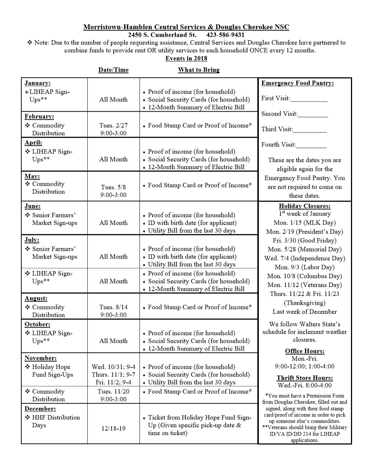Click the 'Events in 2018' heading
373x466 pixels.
pyautogui.click(x=186, y=58)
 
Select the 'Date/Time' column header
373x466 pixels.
pyautogui.click(x=113, y=70)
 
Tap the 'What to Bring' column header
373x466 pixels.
pyautogui.click(x=199, y=70)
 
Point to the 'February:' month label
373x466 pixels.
pyautogui.click(x=39, y=117)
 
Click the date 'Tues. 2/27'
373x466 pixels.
pyautogui.click(x=113, y=126)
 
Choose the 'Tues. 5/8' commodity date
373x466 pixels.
pyautogui.click(x=113, y=187)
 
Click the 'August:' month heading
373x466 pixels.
pyautogui.click(x=36, y=299)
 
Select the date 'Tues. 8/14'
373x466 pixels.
pyautogui.click(x=113, y=307)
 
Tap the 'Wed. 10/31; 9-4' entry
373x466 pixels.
pyautogui.click(x=113, y=367)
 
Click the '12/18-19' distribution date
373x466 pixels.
pyautogui.click(x=113, y=429)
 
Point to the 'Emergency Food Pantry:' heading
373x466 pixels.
pyautogui.click(x=297, y=83)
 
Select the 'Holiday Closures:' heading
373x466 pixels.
pyautogui.click(x=305, y=206)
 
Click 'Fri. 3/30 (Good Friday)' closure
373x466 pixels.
pyautogui.click(x=305, y=241)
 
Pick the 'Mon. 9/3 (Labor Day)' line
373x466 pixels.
pyautogui.click(x=305, y=267)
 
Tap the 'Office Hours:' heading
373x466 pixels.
pyautogui.click(x=305, y=351)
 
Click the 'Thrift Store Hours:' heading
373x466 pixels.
pyautogui.click(x=305, y=378)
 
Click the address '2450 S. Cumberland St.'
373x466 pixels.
pyautogui.click(x=162, y=35)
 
